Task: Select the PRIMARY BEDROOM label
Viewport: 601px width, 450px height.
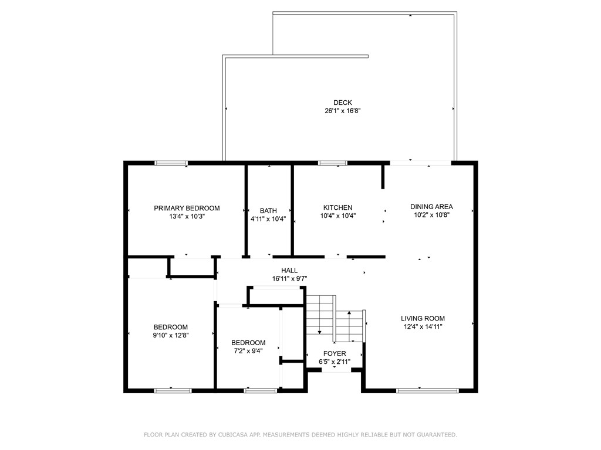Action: [x=187, y=208]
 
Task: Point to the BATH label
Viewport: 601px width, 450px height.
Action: [x=268, y=211]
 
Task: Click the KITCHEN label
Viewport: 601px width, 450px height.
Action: [x=337, y=207]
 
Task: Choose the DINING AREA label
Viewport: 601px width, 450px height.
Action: [x=431, y=206]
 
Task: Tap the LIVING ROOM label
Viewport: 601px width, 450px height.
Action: [x=423, y=318]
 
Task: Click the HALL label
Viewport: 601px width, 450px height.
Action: [x=289, y=270]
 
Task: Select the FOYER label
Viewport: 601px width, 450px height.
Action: [x=335, y=353]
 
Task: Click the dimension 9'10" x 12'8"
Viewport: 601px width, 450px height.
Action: [x=171, y=335]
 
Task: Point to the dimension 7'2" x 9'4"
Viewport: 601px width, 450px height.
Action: [x=248, y=351]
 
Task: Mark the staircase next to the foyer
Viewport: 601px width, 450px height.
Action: [x=335, y=319]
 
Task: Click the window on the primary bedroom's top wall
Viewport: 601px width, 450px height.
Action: [x=171, y=163]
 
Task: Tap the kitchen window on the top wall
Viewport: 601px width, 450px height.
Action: [x=332, y=163]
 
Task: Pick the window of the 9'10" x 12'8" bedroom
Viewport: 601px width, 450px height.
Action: [x=173, y=390]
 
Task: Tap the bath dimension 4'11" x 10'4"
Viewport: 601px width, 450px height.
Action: [x=268, y=219]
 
